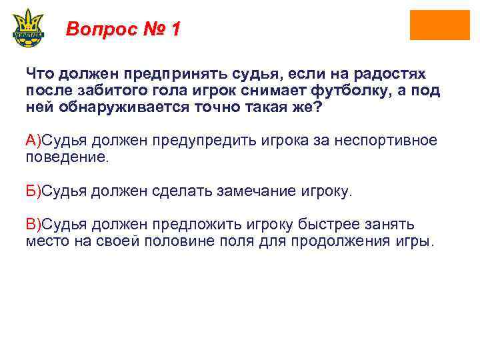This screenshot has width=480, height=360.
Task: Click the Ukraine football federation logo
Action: point(27,27)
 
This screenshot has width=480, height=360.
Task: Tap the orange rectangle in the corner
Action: point(439,25)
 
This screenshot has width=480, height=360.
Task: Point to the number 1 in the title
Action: point(175,29)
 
